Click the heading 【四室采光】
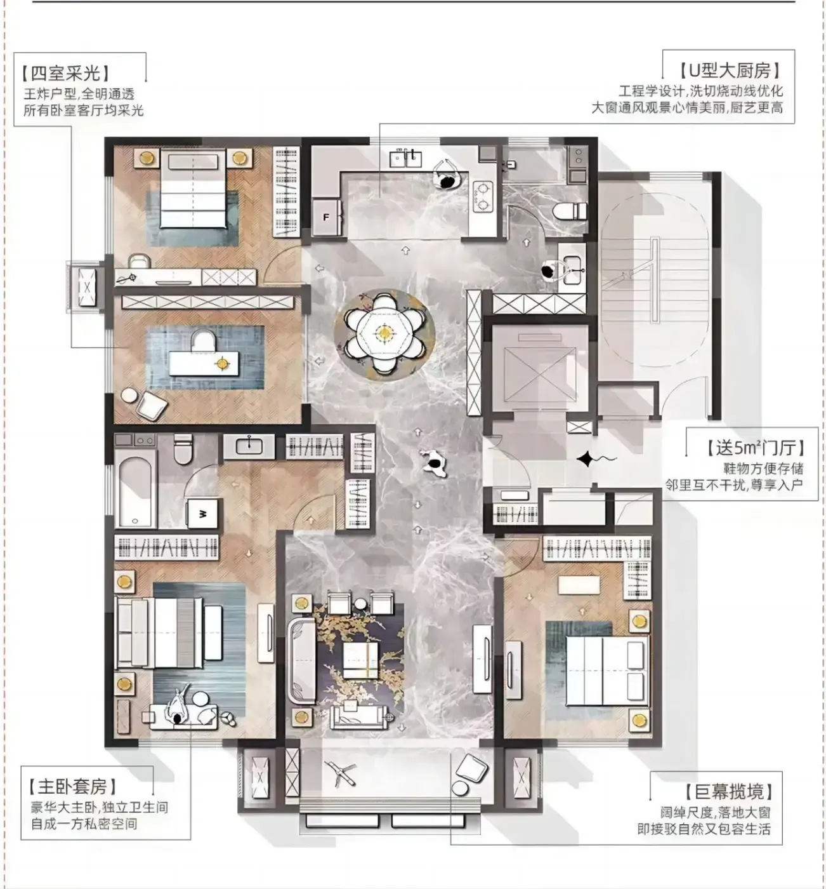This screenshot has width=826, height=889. coord(66,73)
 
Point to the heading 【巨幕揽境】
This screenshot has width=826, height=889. coord(728,792)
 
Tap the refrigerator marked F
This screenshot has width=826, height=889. coord(327,218)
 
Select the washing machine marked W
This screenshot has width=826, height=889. coord(202,514)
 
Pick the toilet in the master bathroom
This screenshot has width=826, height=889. coord(183,450)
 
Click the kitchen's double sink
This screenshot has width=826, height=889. coord(405,158)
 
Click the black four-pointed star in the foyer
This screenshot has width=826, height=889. coord(585,459)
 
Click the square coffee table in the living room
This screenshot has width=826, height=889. coord(360,660)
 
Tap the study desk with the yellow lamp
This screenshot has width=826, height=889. coord(204,363)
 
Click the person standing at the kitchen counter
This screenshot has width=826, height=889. coord(447,175)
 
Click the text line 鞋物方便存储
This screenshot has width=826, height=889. coord(763,469)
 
